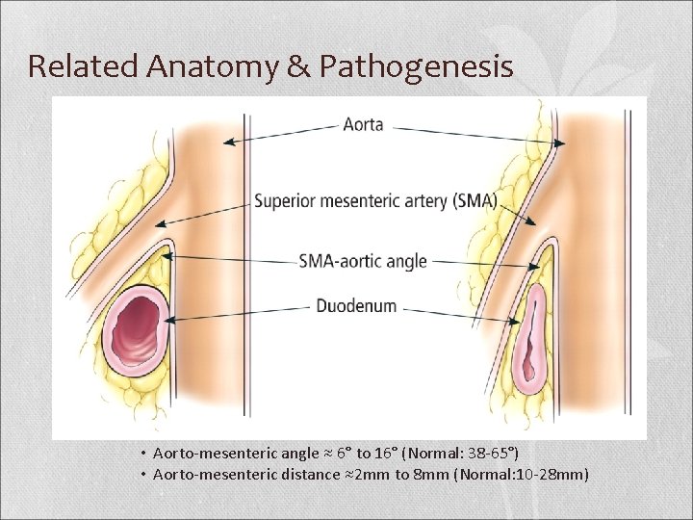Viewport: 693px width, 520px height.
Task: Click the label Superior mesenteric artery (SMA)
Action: (375, 201)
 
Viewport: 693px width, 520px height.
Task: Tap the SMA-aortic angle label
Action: (363, 260)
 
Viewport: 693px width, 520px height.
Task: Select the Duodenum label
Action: (356, 306)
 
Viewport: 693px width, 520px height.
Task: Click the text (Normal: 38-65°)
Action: (467, 452)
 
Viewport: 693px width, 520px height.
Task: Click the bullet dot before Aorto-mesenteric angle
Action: (141, 453)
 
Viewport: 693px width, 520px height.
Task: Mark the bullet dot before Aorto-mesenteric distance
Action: (141, 475)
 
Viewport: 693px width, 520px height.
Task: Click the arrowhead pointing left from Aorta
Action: (227, 142)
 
